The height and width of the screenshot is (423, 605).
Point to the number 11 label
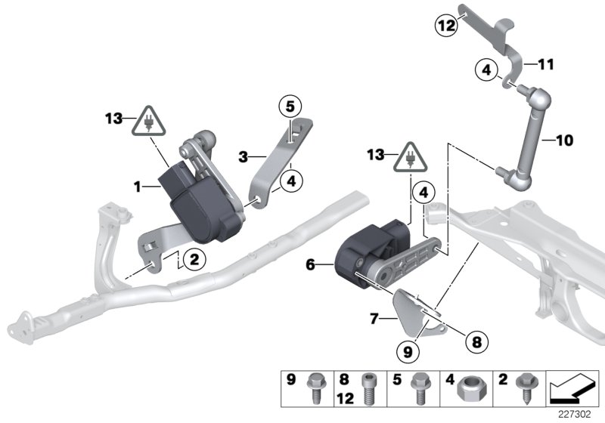545,65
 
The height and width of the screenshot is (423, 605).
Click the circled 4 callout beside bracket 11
486,71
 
